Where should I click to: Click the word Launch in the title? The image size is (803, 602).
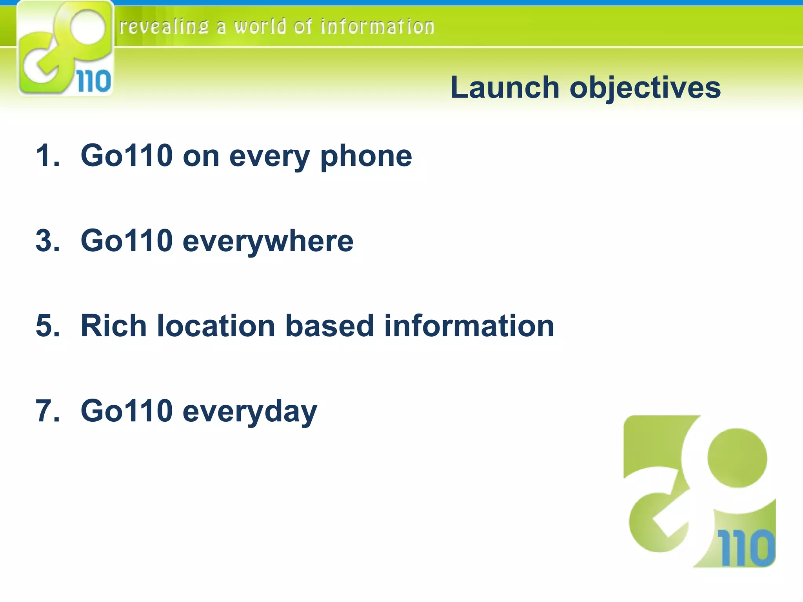click(505, 87)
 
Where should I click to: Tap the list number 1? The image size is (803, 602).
click(47, 156)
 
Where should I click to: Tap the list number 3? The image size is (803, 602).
click(47, 241)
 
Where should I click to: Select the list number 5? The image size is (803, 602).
click(47, 326)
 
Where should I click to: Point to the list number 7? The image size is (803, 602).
click(47, 411)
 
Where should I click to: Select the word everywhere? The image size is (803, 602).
click(268, 241)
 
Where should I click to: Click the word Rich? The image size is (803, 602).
click(113, 326)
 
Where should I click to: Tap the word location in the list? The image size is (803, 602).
click(216, 326)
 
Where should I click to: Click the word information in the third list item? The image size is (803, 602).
click(469, 326)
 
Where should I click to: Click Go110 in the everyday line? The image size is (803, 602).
click(127, 411)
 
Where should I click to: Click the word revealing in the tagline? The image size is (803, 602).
click(164, 27)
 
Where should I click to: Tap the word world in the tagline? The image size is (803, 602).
click(260, 27)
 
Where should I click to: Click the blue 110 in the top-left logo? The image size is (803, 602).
click(94, 82)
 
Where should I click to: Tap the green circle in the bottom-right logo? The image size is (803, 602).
click(737, 458)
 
